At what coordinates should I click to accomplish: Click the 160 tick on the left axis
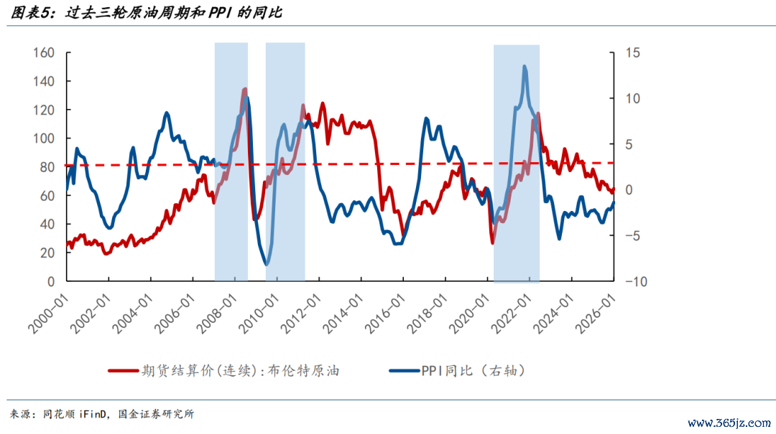coord(45,53)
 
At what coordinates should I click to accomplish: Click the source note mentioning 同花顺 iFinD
coord(101,414)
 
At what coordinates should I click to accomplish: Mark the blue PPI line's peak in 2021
coord(525,67)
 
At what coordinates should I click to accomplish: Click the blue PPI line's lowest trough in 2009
coord(267,265)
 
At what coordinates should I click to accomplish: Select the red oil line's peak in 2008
coord(245,89)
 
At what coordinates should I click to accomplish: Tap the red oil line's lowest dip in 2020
coord(493,242)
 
